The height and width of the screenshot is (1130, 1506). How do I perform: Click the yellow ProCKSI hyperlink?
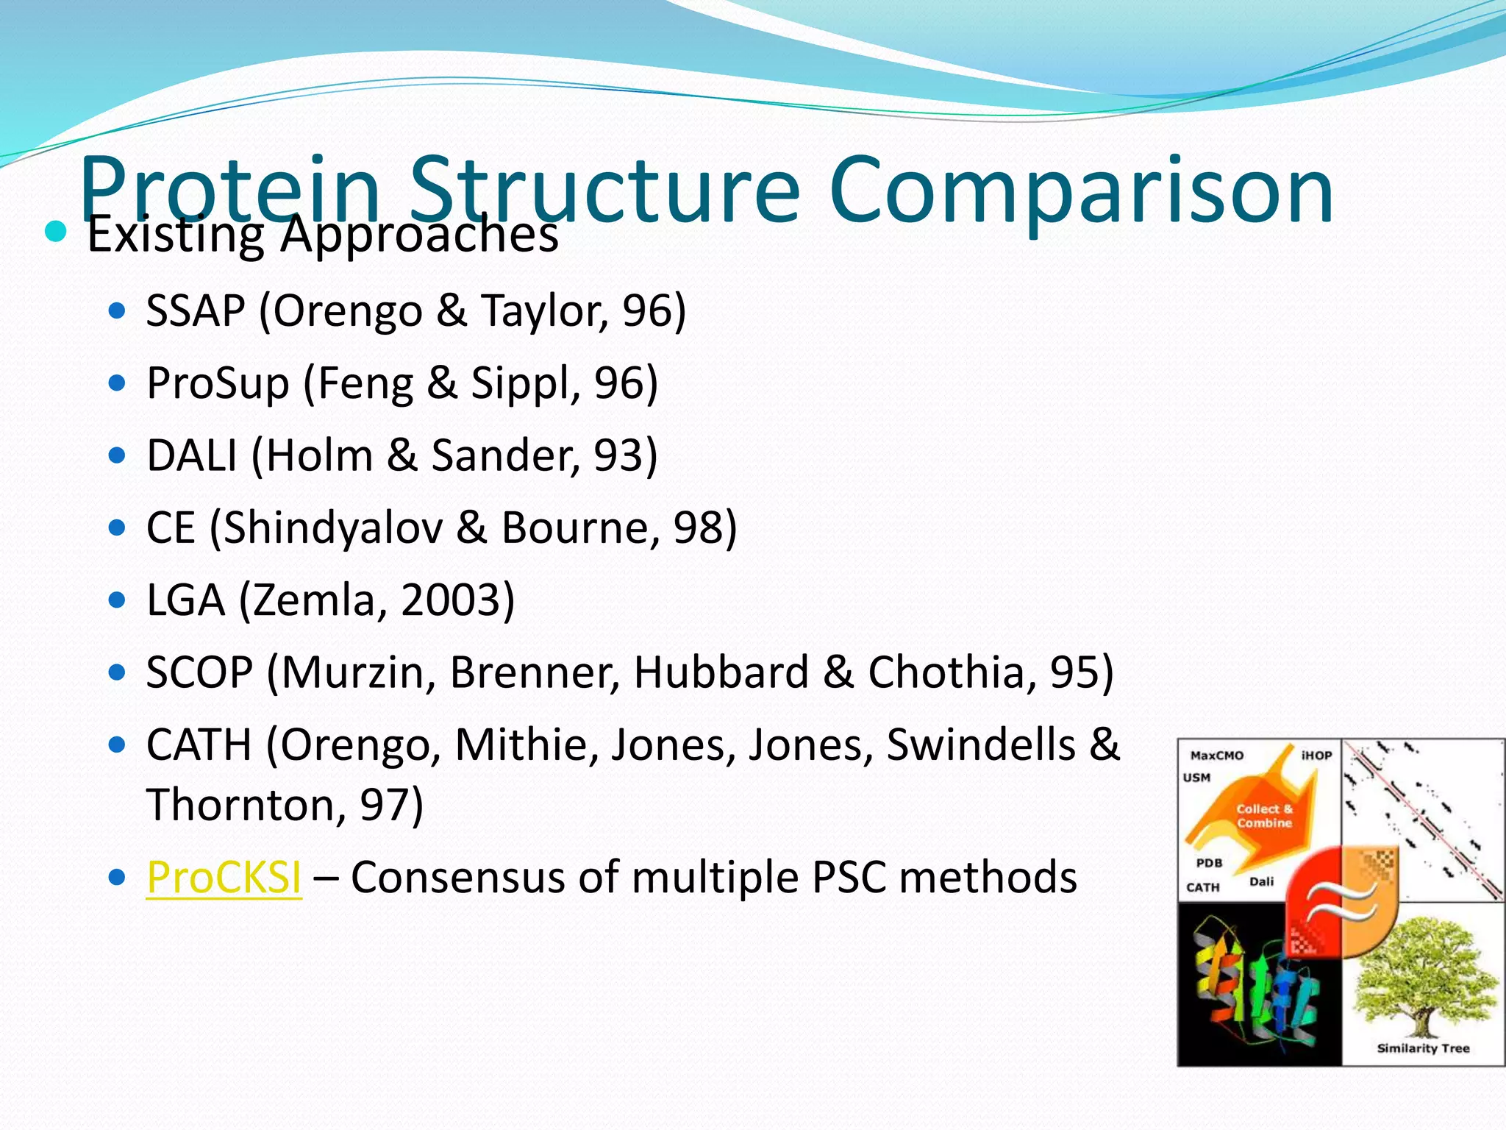[x=224, y=877]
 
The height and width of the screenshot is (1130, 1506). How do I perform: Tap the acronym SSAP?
[x=196, y=310]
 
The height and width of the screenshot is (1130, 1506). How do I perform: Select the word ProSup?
[x=218, y=383]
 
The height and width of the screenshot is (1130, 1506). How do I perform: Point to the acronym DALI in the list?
[x=192, y=455]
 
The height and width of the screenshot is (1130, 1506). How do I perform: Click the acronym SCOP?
[x=199, y=672]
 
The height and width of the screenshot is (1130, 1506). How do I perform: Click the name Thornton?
[x=238, y=804]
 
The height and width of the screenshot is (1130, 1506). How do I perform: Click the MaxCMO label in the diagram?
[x=1217, y=756]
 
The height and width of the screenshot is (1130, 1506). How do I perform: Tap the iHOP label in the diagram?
[x=1316, y=756]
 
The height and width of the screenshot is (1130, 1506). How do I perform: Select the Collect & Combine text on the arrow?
[x=1264, y=816]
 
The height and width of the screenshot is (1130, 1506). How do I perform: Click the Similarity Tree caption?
[x=1423, y=1048]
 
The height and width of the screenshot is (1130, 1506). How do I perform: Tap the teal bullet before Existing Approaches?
[x=56, y=232]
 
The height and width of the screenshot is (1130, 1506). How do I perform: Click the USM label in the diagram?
[x=1196, y=778]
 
